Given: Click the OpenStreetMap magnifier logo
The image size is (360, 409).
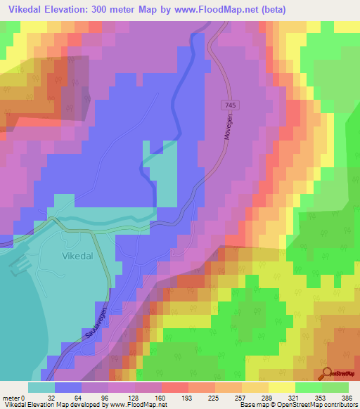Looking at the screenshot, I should [328, 375].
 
